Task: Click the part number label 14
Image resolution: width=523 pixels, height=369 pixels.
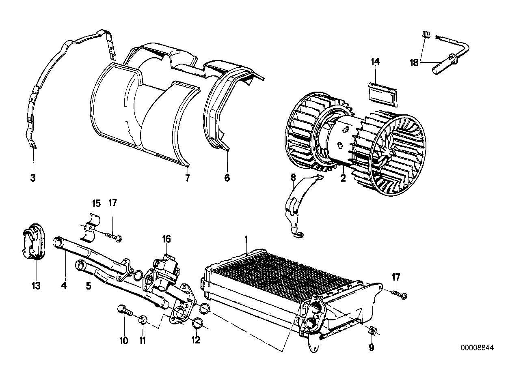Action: point(375,62)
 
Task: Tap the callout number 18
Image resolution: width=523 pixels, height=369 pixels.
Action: point(413,62)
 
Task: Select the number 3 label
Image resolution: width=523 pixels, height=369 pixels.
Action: point(33,178)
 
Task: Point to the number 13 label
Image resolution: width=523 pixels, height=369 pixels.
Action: point(36,286)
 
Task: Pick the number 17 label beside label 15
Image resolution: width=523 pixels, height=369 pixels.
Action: point(112,202)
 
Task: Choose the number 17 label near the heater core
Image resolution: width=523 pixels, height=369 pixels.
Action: point(395,277)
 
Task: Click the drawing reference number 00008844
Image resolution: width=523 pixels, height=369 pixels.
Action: point(478,348)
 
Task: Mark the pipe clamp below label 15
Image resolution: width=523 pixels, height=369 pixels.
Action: point(92,227)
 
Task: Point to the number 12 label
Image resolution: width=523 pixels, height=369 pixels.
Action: point(196,340)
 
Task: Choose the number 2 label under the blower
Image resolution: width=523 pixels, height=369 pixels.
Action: point(343,178)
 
